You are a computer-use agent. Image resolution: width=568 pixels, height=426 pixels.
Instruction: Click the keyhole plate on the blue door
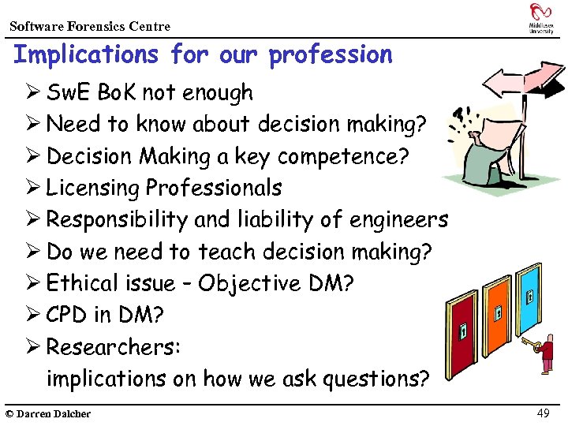pyautogui.click(x=529, y=296)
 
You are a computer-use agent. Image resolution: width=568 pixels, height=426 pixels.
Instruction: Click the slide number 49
pyautogui.click(x=543, y=413)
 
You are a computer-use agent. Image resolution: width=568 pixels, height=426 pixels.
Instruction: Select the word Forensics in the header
pyautogui.click(x=96, y=26)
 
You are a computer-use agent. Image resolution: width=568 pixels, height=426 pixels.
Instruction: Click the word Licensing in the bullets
pyautogui.click(x=92, y=189)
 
